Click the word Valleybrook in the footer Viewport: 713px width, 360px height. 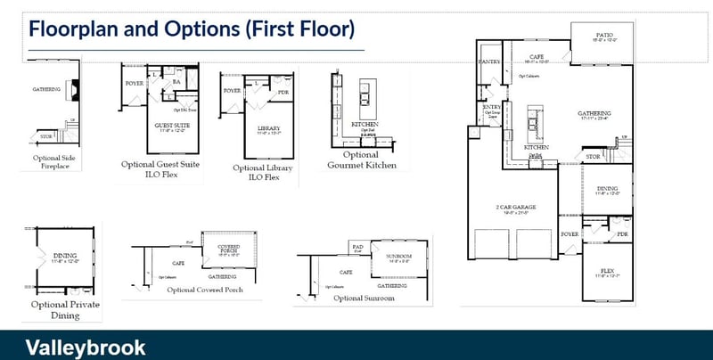coord(86,347)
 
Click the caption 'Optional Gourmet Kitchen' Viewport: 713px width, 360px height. coord(360,160)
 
